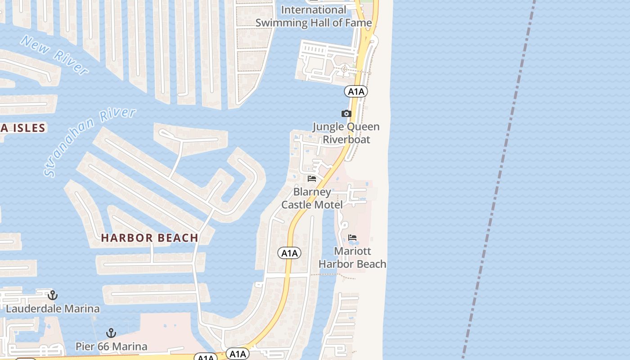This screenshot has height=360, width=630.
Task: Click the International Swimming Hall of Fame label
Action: coord(314,16)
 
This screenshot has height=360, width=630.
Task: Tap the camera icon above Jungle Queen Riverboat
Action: coord(346,113)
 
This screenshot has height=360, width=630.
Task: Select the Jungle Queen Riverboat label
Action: coord(346,133)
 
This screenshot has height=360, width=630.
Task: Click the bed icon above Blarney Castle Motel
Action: coord(311,179)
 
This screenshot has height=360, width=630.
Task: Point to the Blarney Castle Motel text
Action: coord(312,198)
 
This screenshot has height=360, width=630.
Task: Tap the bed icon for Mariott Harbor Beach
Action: coord(352,237)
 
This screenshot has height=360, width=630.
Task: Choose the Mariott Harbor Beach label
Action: coord(352,257)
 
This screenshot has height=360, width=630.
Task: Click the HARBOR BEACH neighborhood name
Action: coord(149,238)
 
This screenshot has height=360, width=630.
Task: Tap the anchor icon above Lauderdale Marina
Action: coord(53,295)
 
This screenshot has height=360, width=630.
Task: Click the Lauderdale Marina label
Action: coord(53,309)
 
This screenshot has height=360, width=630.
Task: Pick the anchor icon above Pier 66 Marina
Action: coord(111,333)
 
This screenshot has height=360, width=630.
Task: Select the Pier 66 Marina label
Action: coord(111,346)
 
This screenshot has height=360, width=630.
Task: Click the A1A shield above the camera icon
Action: coord(355,91)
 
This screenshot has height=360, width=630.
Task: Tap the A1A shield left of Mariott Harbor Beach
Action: coord(289,253)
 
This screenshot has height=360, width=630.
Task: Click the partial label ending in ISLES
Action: coord(22,128)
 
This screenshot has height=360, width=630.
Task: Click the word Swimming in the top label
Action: coord(283,22)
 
